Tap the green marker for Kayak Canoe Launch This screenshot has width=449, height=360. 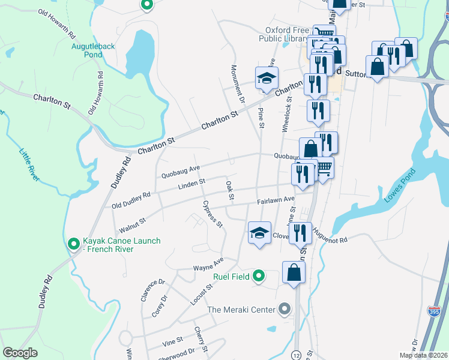[73, 244]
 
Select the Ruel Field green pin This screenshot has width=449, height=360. [259, 276]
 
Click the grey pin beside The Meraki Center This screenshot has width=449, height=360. [285, 310]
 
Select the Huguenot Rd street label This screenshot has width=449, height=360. [330, 240]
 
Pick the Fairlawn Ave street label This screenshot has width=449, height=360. [276, 199]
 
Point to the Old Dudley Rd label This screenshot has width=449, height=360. [131, 201]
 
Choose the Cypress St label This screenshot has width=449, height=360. [212, 214]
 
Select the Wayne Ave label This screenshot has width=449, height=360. [208, 264]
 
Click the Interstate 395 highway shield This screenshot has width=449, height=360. [434, 311]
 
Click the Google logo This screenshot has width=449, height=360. [20, 353]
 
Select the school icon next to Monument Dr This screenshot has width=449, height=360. [267, 78]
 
